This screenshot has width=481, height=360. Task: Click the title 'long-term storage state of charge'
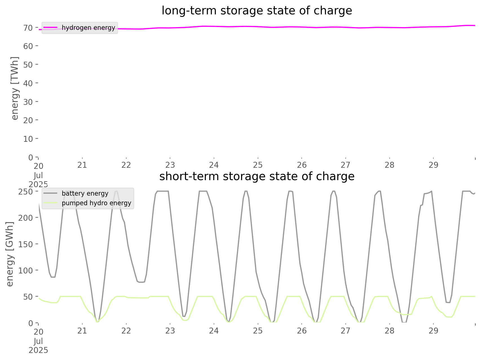click(257, 11)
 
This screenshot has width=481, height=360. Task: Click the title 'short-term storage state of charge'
click(257, 176)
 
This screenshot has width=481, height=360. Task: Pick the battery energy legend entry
click(85, 193)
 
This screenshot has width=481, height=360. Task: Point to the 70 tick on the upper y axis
click(28, 28)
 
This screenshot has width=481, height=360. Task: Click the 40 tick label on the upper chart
click(28, 83)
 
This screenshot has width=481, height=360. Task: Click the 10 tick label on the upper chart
click(28, 139)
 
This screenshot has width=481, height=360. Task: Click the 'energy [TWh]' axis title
click(15, 88)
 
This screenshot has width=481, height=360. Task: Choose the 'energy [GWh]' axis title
click(10, 254)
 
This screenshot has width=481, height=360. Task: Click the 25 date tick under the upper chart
click(258, 165)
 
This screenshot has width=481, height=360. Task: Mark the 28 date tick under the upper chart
click(389, 165)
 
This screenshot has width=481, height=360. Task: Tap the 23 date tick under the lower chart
click(170, 331)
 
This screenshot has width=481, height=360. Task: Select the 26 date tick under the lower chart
click(302, 331)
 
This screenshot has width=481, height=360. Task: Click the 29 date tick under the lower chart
click(433, 331)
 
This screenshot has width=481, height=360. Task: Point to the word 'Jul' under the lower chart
click(38, 341)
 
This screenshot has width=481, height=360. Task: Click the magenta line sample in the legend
click(50, 28)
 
